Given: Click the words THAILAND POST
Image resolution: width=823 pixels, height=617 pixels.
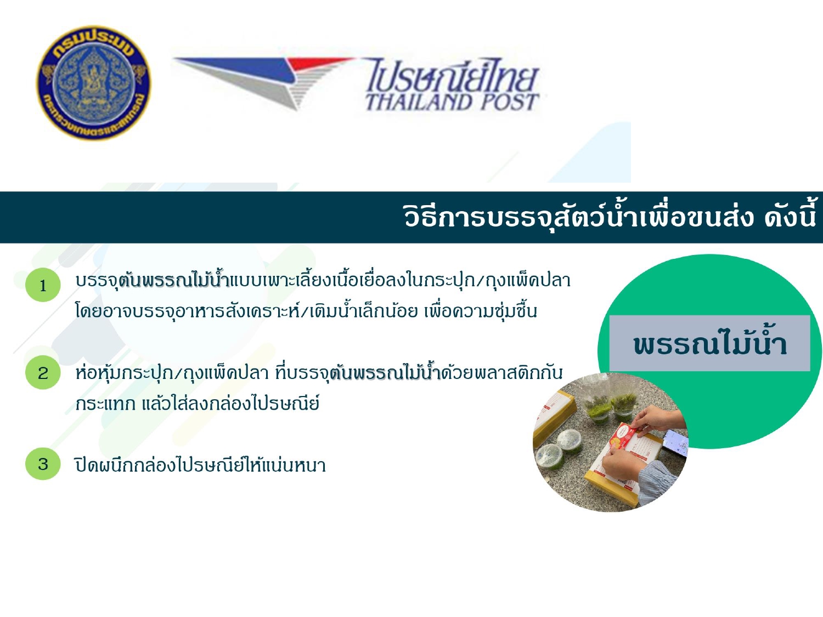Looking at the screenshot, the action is coord(453,102).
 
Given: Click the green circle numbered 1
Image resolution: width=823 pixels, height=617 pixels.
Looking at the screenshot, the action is coord(43,285).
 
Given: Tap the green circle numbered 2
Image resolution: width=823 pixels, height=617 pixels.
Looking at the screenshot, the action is coord(43,372).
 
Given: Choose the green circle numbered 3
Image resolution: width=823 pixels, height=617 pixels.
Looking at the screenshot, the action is coord(43,464).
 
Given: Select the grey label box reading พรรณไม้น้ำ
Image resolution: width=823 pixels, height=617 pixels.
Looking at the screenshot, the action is coord(709,343).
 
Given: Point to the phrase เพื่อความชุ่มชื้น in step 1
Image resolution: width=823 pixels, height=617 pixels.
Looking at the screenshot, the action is coord(481,311).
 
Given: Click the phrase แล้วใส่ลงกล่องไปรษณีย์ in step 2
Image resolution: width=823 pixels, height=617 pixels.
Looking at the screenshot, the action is coord(230,404).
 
